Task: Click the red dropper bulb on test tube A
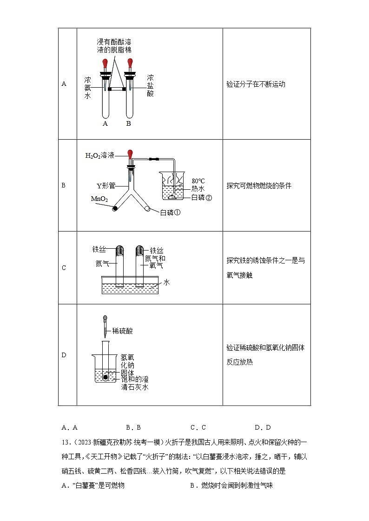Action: point(105,62)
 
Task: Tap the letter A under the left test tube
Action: point(105,123)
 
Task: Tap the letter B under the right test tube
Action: point(129,123)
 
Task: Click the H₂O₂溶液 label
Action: point(100,155)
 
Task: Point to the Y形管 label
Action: point(105,186)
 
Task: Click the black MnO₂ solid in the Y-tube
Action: point(114,209)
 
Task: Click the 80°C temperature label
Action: point(198,180)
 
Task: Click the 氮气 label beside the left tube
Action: point(102,264)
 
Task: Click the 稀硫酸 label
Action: point(123,331)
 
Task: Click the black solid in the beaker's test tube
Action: point(106,378)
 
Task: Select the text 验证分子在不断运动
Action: point(256,84)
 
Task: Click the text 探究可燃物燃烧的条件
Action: point(259,186)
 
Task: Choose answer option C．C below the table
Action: point(198,427)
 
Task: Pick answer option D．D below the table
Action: point(263,427)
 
